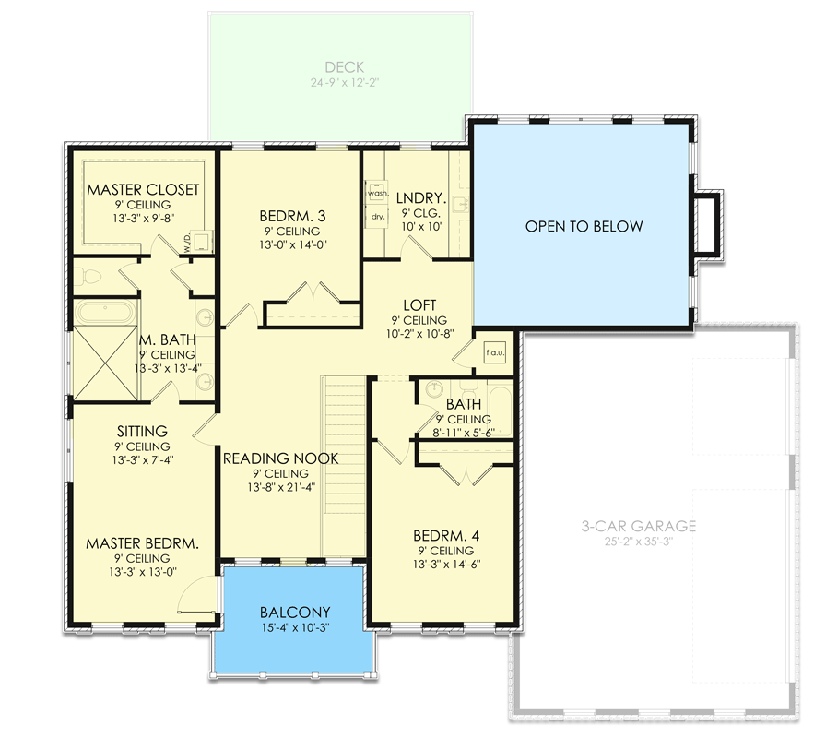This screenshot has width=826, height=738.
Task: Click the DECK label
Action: coord(344,67)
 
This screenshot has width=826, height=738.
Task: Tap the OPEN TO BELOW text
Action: coord(584,226)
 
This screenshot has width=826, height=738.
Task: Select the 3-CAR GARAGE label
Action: coord(638,527)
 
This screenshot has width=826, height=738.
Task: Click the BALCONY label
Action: coord(295,613)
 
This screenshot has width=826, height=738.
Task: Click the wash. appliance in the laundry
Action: coord(377,194)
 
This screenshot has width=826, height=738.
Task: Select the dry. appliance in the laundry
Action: coord(377,217)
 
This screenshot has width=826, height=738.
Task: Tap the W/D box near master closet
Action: coord(189,244)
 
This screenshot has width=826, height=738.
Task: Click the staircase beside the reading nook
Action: coord(344,466)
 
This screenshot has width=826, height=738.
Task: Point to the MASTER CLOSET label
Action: coord(143,190)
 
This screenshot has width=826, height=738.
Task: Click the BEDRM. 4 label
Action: coord(446,535)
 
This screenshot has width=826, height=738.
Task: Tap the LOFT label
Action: coord(419,305)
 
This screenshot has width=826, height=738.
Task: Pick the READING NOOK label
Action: coord(281,458)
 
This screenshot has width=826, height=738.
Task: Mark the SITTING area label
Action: coord(142,431)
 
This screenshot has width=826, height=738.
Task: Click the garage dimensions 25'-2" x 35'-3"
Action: coord(638,542)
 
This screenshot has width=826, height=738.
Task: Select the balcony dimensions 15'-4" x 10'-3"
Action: coord(295,628)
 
